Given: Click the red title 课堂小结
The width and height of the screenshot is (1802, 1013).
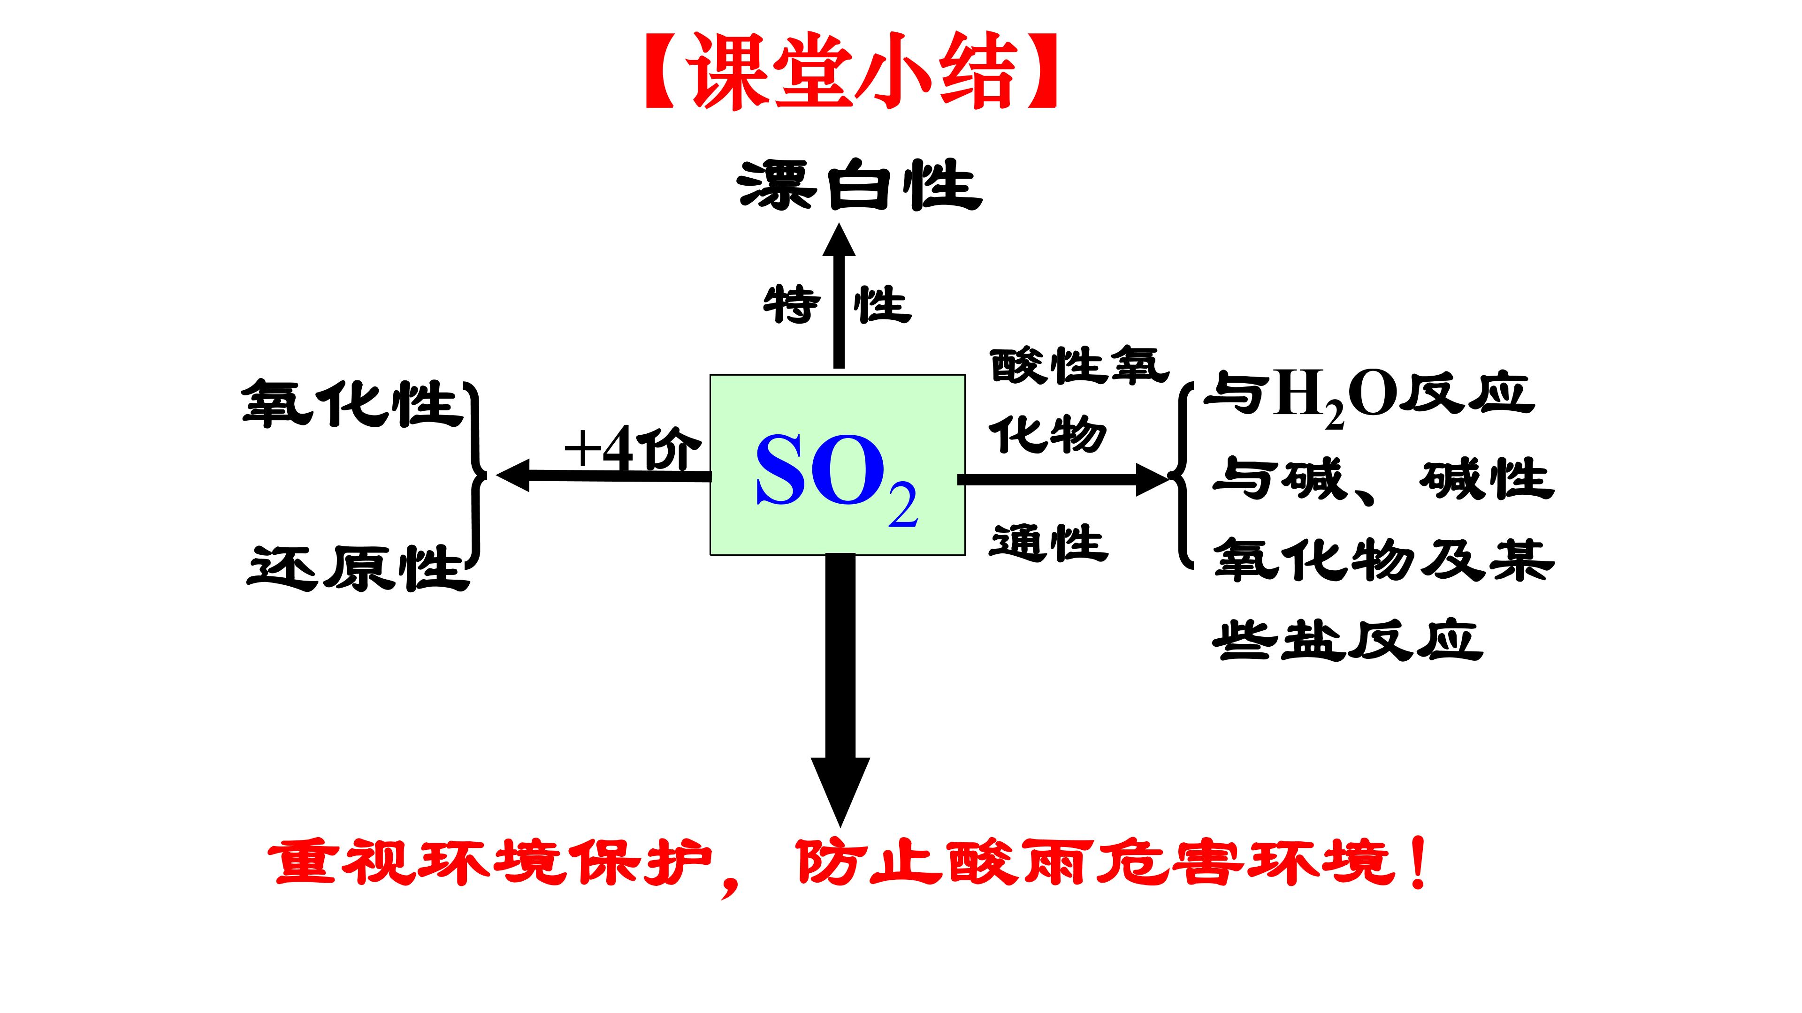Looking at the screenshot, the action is tap(851, 72).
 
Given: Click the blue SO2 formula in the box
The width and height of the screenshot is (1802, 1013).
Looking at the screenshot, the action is tap(837, 477).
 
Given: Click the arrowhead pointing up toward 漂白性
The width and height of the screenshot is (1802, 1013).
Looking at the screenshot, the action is tap(839, 240).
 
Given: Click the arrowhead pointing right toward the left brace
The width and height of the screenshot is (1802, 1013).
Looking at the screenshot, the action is tap(1153, 480).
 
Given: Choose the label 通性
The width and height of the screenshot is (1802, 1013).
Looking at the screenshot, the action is tap(1049, 543).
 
